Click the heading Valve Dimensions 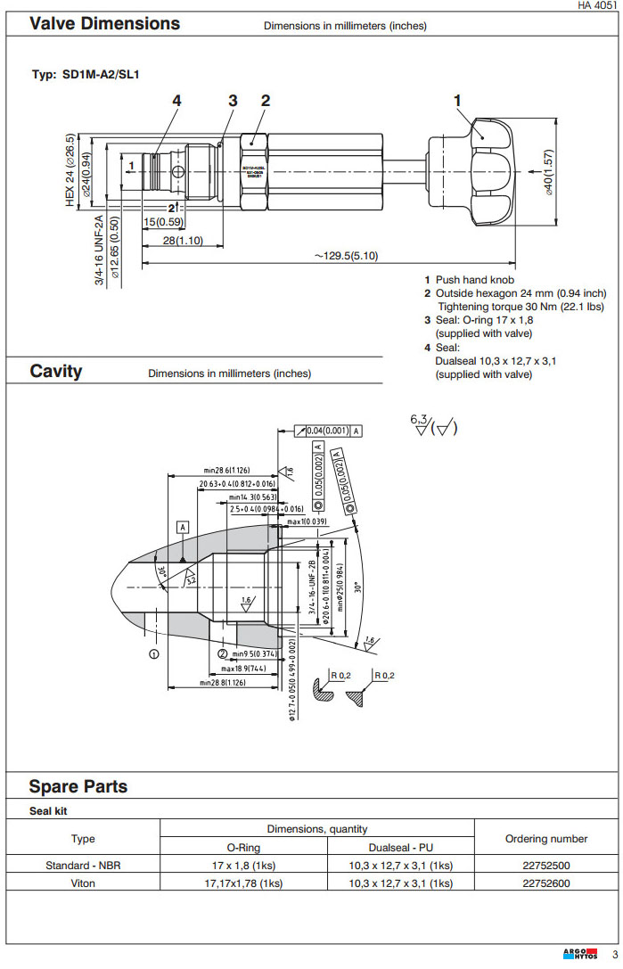(104, 24)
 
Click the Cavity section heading (55, 371)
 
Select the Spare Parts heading (78, 786)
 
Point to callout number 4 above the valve (176, 101)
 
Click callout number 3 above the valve (233, 101)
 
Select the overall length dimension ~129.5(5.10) (346, 256)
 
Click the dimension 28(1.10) (182, 241)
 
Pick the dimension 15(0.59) (163, 222)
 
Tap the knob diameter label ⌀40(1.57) (549, 171)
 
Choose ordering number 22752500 (545, 866)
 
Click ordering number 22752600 (545, 883)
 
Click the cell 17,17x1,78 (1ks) (238, 883)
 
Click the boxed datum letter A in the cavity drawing (184, 527)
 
